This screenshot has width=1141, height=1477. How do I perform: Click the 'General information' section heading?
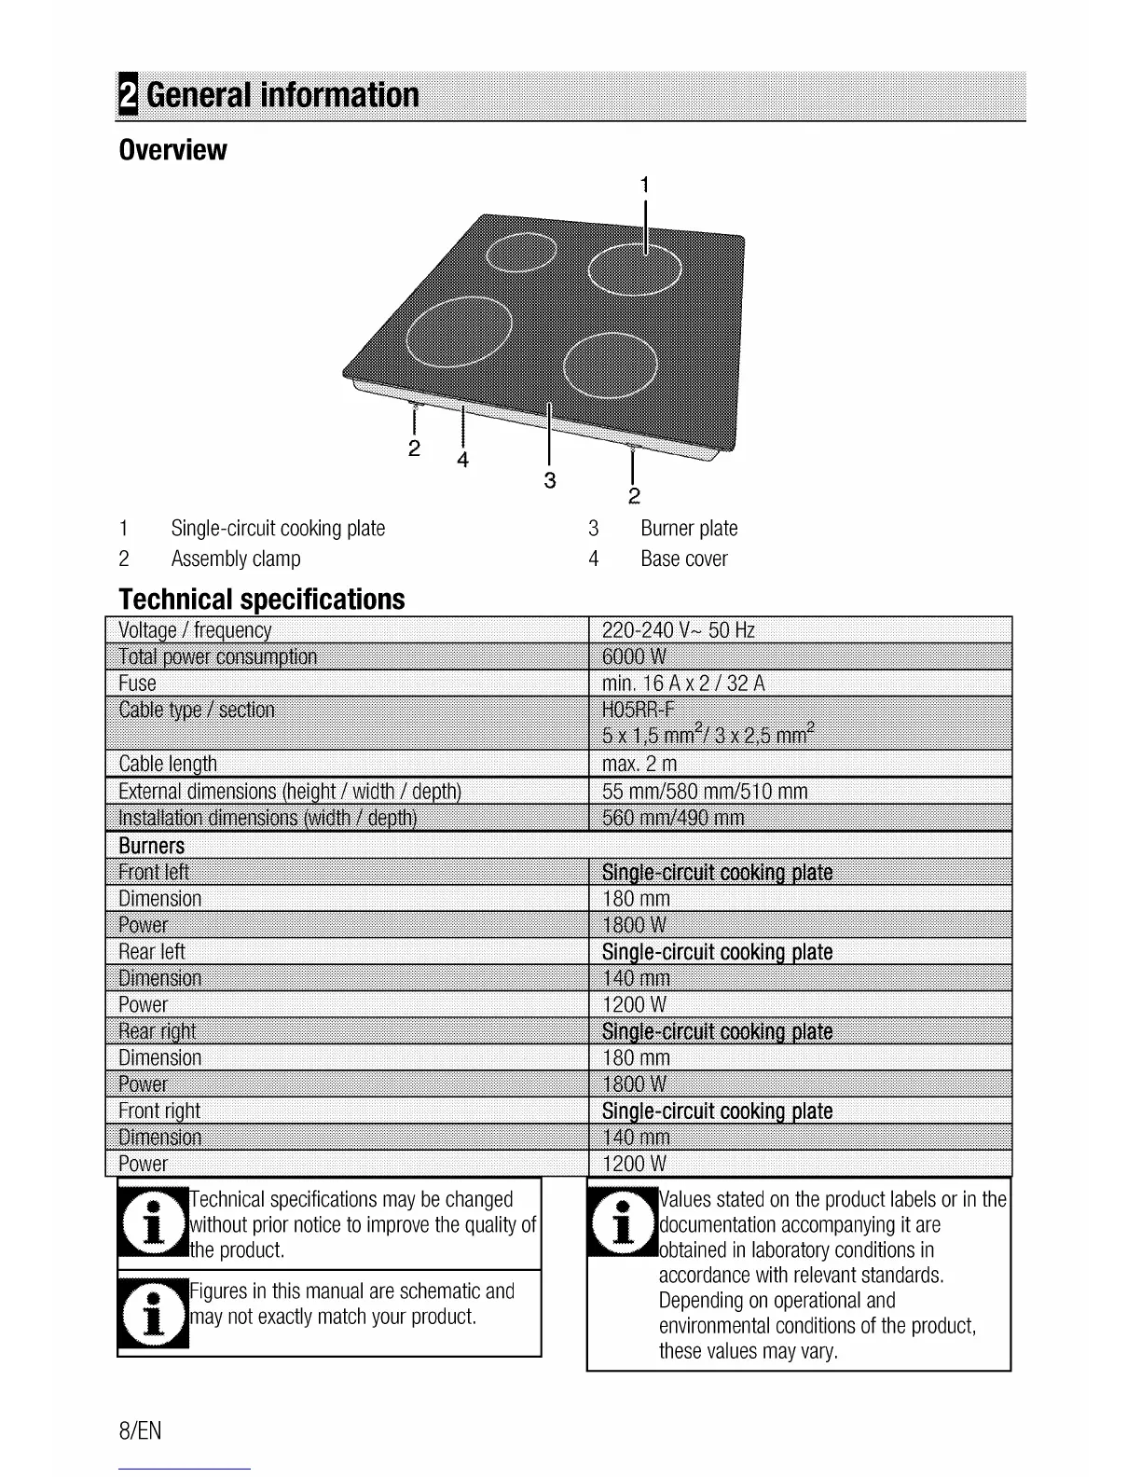click(282, 95)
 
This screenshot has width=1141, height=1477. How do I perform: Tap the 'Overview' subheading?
click(173, 149)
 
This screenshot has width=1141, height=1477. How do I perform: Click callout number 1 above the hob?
click(644, 184)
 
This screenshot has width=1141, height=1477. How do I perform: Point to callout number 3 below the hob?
click(550, 480)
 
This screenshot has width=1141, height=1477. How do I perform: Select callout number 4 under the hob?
click(462, 460)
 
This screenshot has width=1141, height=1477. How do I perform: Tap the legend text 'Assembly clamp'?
click(236, 559)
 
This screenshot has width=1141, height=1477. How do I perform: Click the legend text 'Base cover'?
click(683, 559)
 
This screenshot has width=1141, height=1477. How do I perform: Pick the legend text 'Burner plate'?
click(689, 529)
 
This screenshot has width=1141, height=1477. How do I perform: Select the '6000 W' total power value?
click(635, 656)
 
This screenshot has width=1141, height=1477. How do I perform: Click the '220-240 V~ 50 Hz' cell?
click(679, 630)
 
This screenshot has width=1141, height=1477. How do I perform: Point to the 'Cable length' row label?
click(168, 764)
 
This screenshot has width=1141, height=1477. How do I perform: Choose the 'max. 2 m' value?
click(639, 764)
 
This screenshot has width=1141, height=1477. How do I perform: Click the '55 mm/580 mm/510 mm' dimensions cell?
click(705, 792)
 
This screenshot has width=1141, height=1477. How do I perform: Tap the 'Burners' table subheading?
click(152, 846)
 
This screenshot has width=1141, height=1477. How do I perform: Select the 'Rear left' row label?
click(152, 952)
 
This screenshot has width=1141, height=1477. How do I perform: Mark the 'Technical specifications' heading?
click(262, 599)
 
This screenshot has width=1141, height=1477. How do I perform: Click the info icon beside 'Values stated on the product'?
click(623, 1222)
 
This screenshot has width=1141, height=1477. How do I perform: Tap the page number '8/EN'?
click(140, 1430)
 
